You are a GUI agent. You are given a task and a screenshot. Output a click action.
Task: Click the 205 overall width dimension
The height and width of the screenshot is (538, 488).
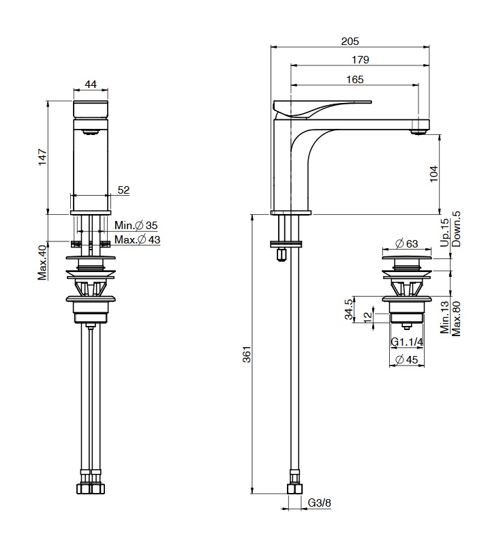(x=350, y=41)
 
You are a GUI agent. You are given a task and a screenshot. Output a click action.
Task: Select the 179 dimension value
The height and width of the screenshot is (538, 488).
(x=361, y=60)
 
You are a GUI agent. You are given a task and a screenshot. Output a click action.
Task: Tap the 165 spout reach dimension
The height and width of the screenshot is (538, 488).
(x=354, y=80)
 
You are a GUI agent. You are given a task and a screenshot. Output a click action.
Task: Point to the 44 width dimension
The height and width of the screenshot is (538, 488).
(x=91, y=84)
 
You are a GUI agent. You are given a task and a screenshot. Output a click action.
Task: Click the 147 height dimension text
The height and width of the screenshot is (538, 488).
(x=42, y=157)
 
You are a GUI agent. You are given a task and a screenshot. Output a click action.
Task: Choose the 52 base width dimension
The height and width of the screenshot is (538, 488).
(x=124, y=190)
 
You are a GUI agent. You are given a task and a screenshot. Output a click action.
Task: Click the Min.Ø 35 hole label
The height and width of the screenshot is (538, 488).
(x=136, y=226)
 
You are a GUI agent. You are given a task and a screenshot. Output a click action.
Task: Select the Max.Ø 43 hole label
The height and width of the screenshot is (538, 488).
(x=137, y=239)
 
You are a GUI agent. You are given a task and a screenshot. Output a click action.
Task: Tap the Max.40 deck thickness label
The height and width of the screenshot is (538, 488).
(x=42, y=263)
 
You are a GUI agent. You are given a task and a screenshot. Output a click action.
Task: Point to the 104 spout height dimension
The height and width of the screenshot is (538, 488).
(x=434, y=174)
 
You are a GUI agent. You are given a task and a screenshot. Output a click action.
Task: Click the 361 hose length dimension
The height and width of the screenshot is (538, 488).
(x=247, y=354)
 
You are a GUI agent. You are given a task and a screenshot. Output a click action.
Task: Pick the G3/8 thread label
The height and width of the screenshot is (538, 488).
(x=320, y=503)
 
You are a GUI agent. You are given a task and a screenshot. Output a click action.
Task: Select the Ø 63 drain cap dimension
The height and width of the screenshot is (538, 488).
(x=407, y=243)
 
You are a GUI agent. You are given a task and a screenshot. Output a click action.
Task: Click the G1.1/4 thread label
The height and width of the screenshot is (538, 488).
(x=407, y=342)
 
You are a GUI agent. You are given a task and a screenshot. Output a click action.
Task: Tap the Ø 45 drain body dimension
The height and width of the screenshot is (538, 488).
(x=407, y=359)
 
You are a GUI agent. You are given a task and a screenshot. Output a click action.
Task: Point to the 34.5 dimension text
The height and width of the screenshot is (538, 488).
(x=348, y=309)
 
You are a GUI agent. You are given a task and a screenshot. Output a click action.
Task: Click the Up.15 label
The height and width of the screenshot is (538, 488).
(x=444, y=233)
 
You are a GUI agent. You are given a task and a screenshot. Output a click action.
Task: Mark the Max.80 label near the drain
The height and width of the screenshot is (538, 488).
(x=456, y=318)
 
